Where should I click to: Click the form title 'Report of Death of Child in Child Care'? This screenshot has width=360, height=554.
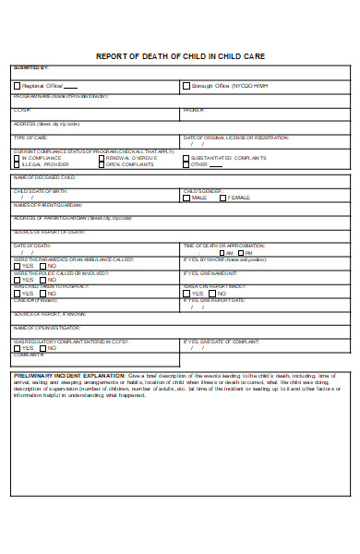point(180,56)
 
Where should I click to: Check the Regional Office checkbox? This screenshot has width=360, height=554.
point(17,86)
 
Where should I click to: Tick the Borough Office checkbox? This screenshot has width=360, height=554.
point(186,86)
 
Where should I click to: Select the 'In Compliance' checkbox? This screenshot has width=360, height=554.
point(17,158)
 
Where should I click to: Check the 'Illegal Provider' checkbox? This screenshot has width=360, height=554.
point(17,165)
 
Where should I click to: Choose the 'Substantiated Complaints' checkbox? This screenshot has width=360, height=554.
point(186,158)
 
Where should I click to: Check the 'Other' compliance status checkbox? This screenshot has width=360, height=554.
point(186,165)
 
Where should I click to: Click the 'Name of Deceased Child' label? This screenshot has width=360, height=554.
point(44,176)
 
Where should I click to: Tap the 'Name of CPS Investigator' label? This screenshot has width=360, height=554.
point(46,327)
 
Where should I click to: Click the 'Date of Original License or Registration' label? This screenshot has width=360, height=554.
point(235,137)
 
